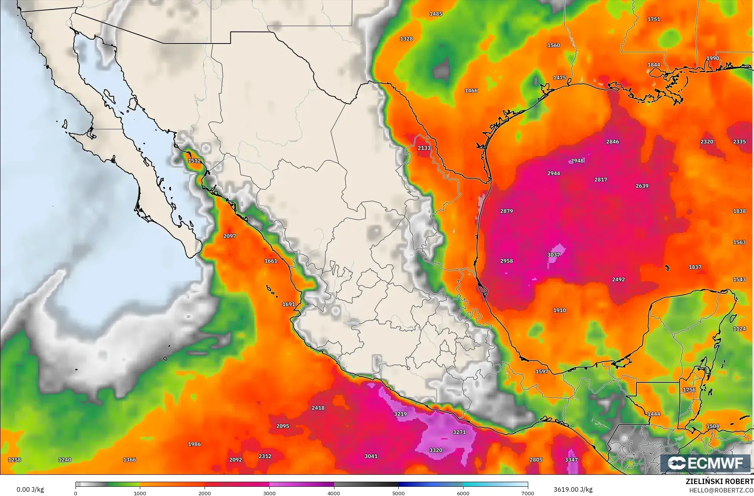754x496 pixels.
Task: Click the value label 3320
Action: (x=436, y=450)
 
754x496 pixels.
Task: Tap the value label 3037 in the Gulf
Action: (x=554, y=255)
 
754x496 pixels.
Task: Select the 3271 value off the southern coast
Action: (x=459, y=432)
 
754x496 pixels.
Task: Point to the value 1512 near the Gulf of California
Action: (x=194, y=161)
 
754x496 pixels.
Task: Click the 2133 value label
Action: (x=424, y=148)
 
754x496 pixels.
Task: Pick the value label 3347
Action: (x=571, y=460)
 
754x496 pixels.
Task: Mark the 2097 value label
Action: (x=230, y=236)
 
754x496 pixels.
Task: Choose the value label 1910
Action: (x=559, y=310)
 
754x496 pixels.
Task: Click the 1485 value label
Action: (x=436, y=14)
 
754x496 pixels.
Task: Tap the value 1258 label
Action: (x=15, y=460)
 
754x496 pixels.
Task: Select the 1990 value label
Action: (x=713, y=58)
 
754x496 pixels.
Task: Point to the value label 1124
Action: (x=739, y=329)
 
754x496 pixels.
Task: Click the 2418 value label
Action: (x=318, y=408)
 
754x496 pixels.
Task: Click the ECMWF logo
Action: (x=705, y=463)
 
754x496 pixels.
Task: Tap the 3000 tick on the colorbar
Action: (x=269, y=493)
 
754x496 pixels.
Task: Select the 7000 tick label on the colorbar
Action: (x=527, y=493)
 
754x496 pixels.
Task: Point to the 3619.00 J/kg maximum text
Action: (x=573, y=489)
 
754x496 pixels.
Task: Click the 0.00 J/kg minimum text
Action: (x=30, y=489)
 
